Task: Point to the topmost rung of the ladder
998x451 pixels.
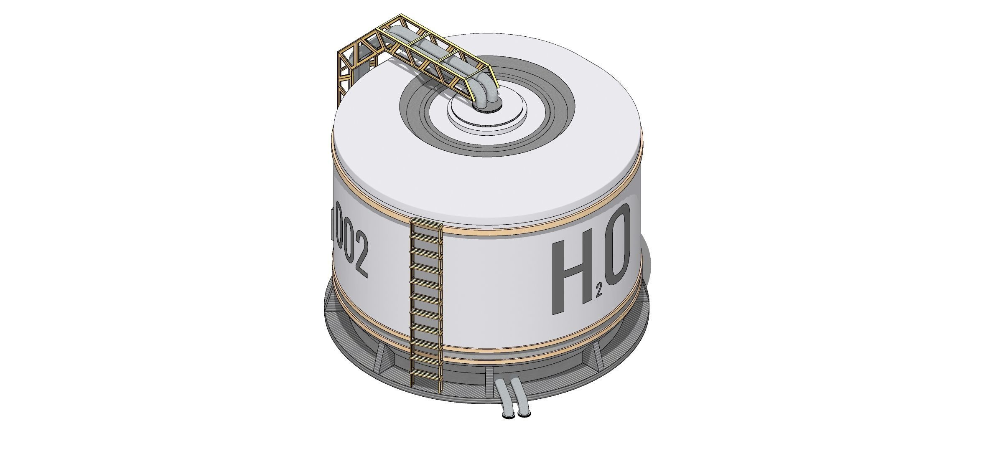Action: (x=426, y=227)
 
